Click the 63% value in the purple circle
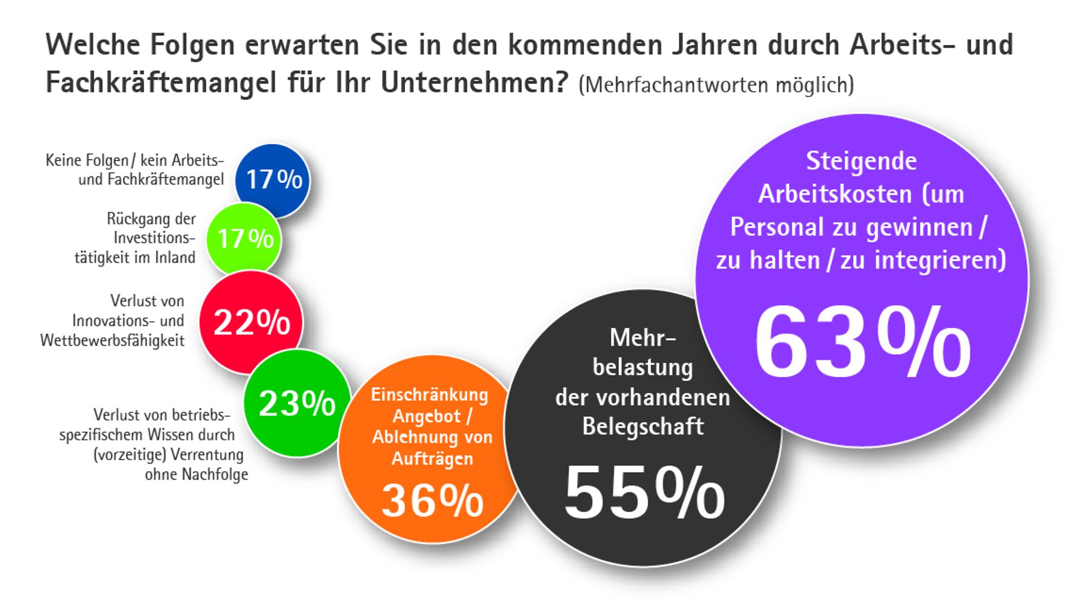tap(862, 343)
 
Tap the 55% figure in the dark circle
tap(644, 493)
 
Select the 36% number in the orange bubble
tap(432, 501)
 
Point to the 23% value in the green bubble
tap(297, 404)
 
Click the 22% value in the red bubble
tap(251, 322)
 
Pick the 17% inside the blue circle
tap(274, 180)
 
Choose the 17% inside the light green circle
tap(245, 239)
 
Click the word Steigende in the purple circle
tap(861, 161)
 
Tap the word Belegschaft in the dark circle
tap(643, 427)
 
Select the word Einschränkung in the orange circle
tap(429, 394)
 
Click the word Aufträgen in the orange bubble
tap(432, 459)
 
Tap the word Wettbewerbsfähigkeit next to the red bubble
tap(112, 341)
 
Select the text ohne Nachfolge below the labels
tap(196, 475)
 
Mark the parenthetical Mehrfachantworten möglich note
tap(716, 85)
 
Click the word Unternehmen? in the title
tap(474, 83)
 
